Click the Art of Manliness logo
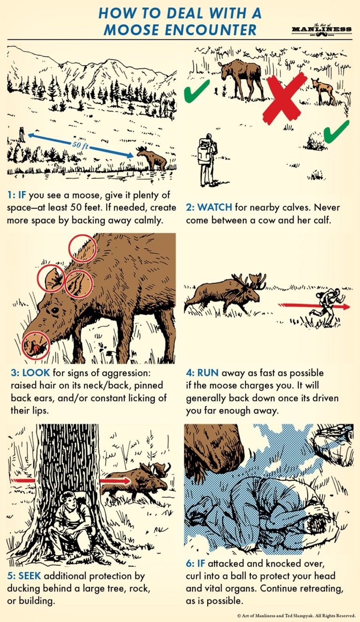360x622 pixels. click(x=321, y=29)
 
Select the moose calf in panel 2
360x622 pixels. click(x=323, y=90)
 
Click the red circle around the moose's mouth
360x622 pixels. click(x=36, y=346)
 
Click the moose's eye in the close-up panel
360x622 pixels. click(x=55, y=310)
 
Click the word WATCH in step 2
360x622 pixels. click(x=215, y=207)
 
